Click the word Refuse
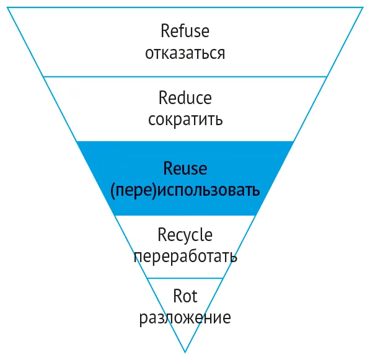pos(185,30)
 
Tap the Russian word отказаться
pos(185,53)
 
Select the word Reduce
pos(185,98)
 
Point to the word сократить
pos(185,119)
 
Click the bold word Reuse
pos(185,169)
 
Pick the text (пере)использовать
pos(185,190)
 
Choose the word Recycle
pos(185,235)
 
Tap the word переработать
pos(185,257)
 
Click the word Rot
pos(185,296)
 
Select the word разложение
pos(185,318)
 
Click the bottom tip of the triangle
pos(185,353)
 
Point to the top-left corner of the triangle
pos(7,7)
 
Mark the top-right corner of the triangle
pos(363,7)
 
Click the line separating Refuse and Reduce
pos(185,76)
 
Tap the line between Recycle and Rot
pos(185,278)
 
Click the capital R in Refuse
pos(165,30)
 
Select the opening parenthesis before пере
pos(113,191)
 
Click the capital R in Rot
pos(178,296)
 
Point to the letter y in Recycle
pos(188,237)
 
